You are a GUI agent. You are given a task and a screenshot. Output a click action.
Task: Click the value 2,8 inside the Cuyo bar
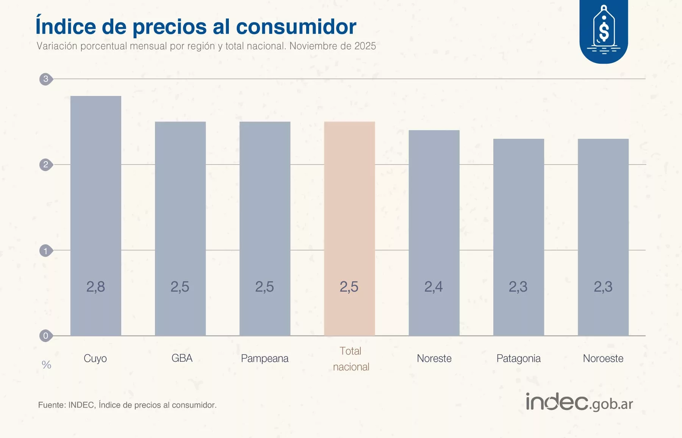click(95, 287)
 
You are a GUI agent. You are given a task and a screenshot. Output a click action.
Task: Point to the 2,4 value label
click(433, 287)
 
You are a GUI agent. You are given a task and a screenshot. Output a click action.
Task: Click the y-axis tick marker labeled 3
click(45, 79)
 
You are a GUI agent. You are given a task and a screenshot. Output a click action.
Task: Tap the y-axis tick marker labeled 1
click(45, 251)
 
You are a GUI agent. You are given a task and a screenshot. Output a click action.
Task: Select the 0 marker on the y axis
click(45, 336)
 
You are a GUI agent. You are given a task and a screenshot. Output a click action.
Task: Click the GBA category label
click(182, 358)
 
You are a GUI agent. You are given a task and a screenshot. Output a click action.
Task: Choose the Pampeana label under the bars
click(264, 358)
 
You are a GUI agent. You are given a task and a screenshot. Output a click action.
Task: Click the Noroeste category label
click(603, 358)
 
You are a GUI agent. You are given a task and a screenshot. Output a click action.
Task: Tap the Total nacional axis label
click(351, 359)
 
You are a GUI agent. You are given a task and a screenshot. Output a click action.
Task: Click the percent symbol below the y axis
click(46, 365)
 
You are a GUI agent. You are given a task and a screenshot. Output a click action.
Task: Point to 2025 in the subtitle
click(365, 46)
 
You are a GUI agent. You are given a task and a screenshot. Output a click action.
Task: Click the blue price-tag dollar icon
click(604, 30)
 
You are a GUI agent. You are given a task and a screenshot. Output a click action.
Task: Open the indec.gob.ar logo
click(579, 402)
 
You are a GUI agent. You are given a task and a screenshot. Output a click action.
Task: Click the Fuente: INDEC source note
click(127, 405)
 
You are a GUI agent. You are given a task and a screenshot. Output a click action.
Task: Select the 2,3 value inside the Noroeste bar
click(603, 287)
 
